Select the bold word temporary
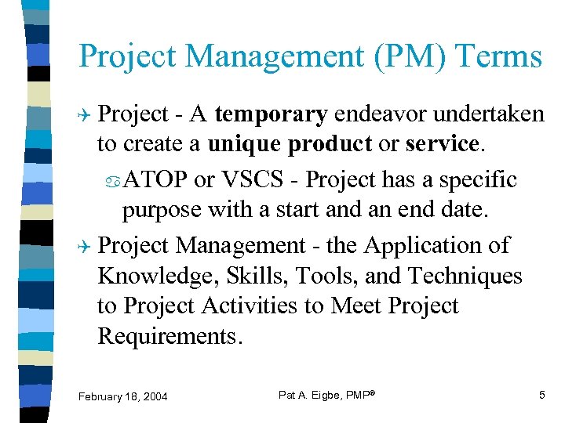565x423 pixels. [271, 114]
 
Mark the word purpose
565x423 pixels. [161, 210]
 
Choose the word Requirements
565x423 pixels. [167, 336]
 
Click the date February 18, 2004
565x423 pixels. [122, 397]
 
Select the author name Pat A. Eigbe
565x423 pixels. [312, 395]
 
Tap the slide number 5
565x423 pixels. [541, 395]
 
